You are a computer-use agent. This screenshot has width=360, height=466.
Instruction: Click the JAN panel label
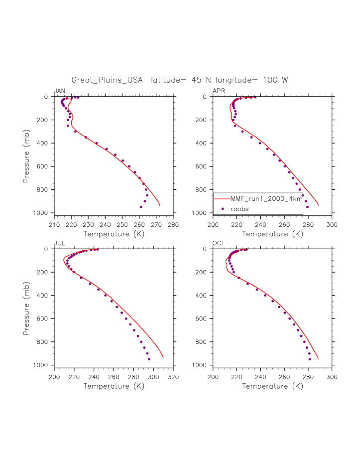tap(59, 91)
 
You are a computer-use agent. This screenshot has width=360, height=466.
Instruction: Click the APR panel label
tap(218, 91)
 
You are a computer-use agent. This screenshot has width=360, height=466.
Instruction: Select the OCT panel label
tap(218, 243)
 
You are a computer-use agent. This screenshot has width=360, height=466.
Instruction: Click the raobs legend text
tap(240, 209)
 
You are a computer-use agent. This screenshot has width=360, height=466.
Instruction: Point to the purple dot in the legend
tap(223, 209)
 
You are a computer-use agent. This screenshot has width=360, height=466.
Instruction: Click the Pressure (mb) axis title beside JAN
tap(26, 155)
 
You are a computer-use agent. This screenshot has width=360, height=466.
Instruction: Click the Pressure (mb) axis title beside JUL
tap(26, 308)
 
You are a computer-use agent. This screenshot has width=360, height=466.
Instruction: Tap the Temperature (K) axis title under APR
tap(272, 233)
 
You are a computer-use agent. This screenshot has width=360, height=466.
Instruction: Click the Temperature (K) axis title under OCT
tap(272, 386)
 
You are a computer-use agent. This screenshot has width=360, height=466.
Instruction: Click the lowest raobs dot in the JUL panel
tap(149, 359)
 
